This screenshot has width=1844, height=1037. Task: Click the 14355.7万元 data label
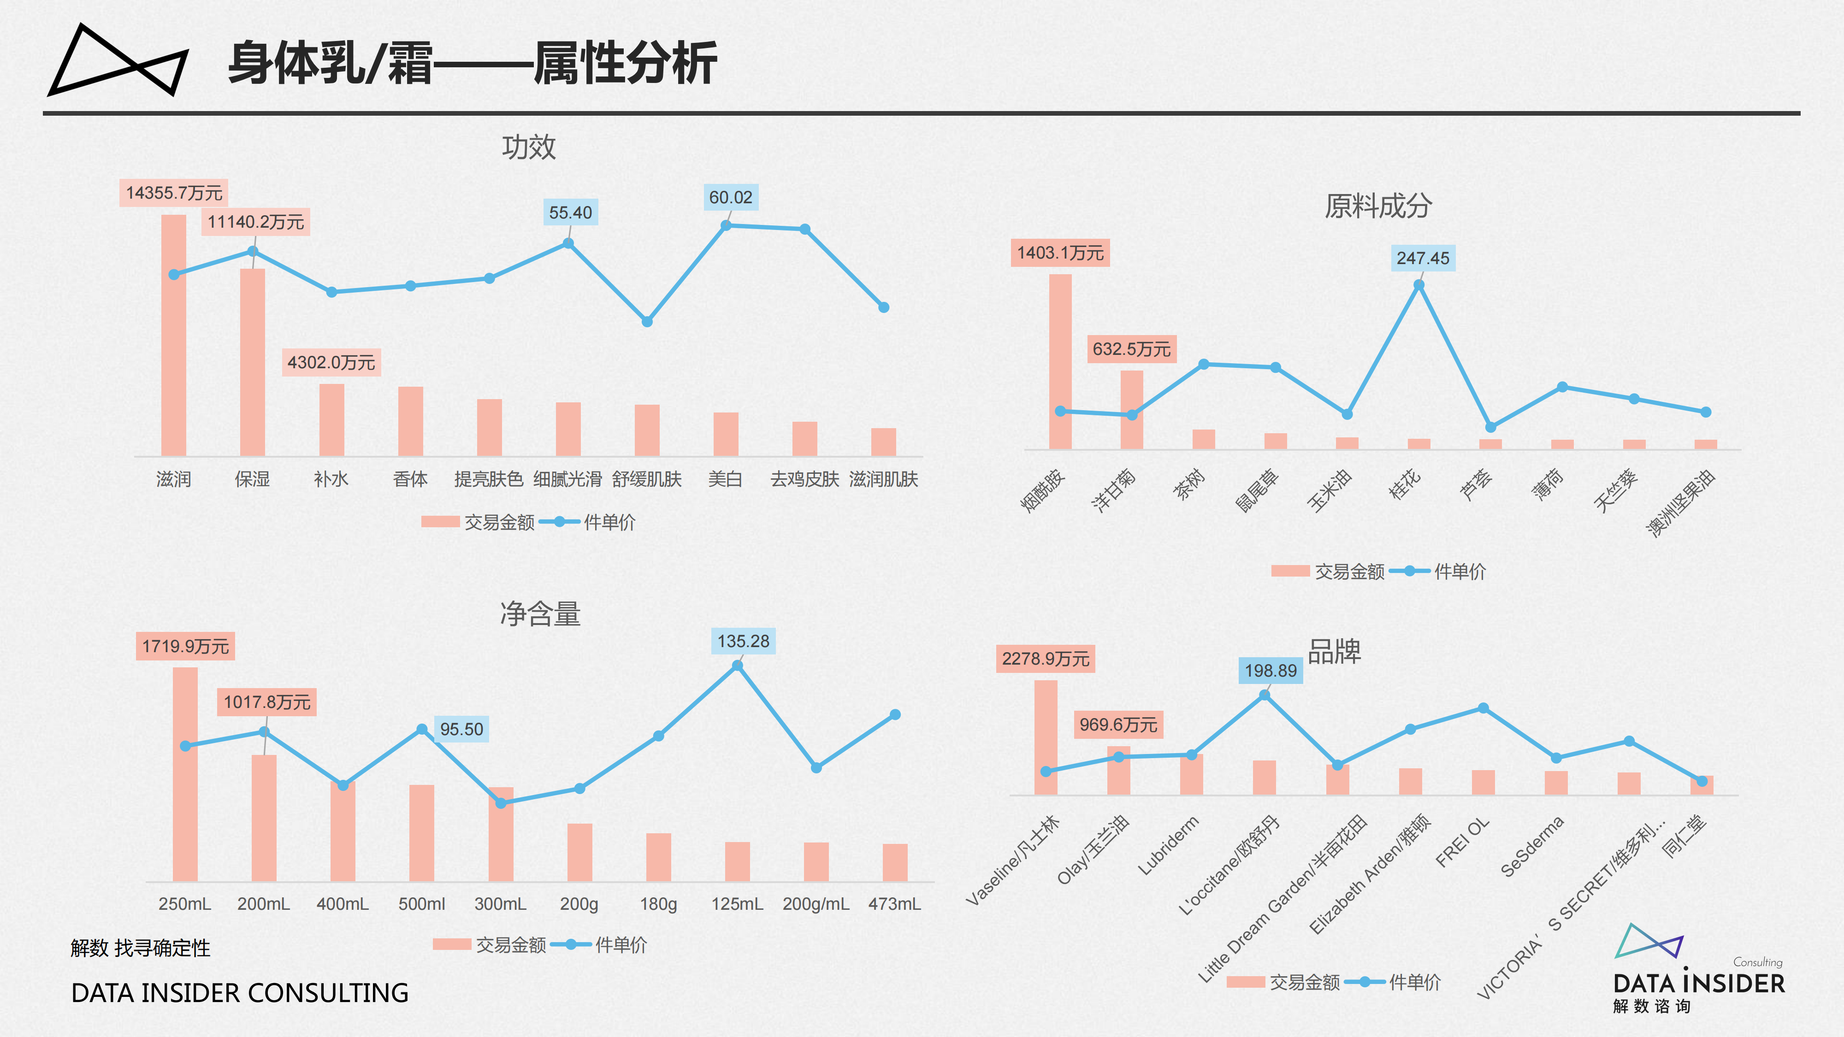[x=174, y=193]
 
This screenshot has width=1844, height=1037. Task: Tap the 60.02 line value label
[x=730, y=198]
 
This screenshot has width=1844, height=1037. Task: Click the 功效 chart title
[x=528, y=147]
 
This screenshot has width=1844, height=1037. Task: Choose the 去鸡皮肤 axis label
[x=804, y=479]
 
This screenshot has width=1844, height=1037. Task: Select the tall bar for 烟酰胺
[x=1060, y=361]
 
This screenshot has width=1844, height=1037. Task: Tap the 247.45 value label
[x=1422, y=259]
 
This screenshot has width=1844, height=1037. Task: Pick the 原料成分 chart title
[x=1378, y=206]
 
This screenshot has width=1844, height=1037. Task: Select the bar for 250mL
[x=185, y=774]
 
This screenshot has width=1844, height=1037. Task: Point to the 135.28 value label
[x=743, y=641]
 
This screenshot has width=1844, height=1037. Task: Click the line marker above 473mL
[x=895, y=714]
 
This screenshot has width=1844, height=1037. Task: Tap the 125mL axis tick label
[x=737, y=904]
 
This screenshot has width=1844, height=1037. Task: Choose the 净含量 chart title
[x=540, y=614]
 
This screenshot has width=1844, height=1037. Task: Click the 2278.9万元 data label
[x=1045, y=659]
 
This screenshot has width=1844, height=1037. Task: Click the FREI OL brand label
[x=1462, y=843]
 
